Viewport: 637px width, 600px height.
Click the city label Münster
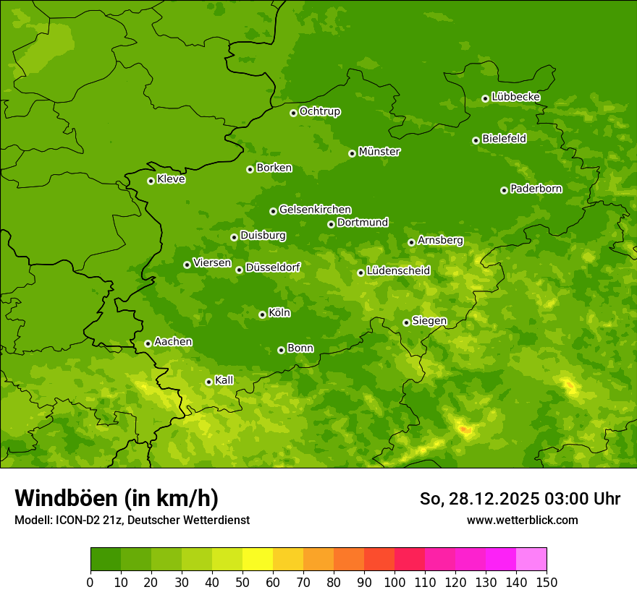coord(379,152)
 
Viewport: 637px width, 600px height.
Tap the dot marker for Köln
coord(262,314)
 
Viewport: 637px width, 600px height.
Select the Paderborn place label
coord(536,189)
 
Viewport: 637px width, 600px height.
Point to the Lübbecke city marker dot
coord(485,98)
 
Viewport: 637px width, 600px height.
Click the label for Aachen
coord(173,342)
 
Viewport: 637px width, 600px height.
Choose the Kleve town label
coord(171,179)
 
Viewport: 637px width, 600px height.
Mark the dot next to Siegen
coord(406,322)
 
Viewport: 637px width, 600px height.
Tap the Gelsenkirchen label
coord(315,210)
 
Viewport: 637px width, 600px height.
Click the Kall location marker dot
coord(208,382)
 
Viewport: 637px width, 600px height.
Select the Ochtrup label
coord(319,111)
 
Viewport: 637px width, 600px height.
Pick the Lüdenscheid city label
coord(398,271)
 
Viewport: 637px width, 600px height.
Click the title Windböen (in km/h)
coord(117,498)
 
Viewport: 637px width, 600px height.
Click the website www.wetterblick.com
coord(522,520)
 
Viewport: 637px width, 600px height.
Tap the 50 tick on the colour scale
coord(242,582)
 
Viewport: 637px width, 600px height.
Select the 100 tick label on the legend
coord(395,582)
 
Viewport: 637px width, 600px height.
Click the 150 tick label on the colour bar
coord(547,582)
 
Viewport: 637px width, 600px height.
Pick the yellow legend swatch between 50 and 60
coord(258,560)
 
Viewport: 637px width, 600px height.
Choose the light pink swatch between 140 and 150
coord(531,560)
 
